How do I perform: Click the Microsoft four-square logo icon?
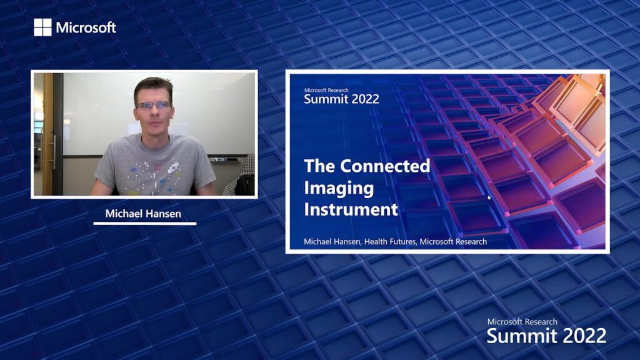43,27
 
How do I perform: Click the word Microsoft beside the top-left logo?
86,27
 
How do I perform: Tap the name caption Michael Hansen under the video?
143,214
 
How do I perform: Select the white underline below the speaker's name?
145,223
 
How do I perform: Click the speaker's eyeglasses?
153,105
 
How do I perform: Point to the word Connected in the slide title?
385,166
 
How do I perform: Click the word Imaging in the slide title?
339,187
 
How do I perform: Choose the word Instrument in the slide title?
351,209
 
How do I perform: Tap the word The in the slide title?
319,166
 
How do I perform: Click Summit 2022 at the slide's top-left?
342,99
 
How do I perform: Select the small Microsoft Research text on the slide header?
326,90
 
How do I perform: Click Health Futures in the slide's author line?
390,242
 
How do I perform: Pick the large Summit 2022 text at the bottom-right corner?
546,336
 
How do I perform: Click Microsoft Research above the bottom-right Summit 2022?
522,322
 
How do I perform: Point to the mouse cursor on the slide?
489,198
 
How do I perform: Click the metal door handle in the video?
54,152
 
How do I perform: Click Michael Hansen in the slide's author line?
332,242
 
